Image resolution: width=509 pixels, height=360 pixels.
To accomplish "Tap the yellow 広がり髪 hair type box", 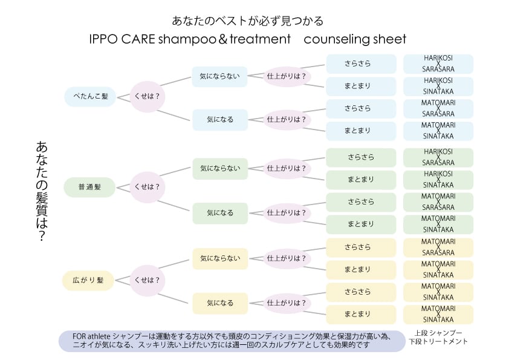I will [89, 280].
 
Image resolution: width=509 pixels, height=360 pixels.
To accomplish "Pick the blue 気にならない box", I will [220, 76].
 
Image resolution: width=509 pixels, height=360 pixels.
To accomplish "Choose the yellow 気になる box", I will [220, 303].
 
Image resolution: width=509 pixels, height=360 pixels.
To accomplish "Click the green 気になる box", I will [220, 213].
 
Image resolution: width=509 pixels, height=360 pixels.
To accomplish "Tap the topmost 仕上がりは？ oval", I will [287, 76].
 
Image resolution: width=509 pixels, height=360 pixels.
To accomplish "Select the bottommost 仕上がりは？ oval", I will [287, 303].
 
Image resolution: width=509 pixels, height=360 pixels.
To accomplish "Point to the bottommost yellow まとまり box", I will [361, 314].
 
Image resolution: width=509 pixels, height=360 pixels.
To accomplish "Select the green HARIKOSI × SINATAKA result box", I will [438, 180].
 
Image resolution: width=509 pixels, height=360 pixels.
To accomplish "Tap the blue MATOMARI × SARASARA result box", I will [438, 108].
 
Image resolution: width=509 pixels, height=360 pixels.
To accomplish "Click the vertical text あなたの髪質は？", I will [42, 192].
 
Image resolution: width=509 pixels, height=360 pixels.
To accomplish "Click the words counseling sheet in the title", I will [355, 39].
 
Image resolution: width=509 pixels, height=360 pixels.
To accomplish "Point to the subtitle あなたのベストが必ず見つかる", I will [248, 21].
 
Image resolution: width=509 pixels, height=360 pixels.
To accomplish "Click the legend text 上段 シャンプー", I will [439, 333].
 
